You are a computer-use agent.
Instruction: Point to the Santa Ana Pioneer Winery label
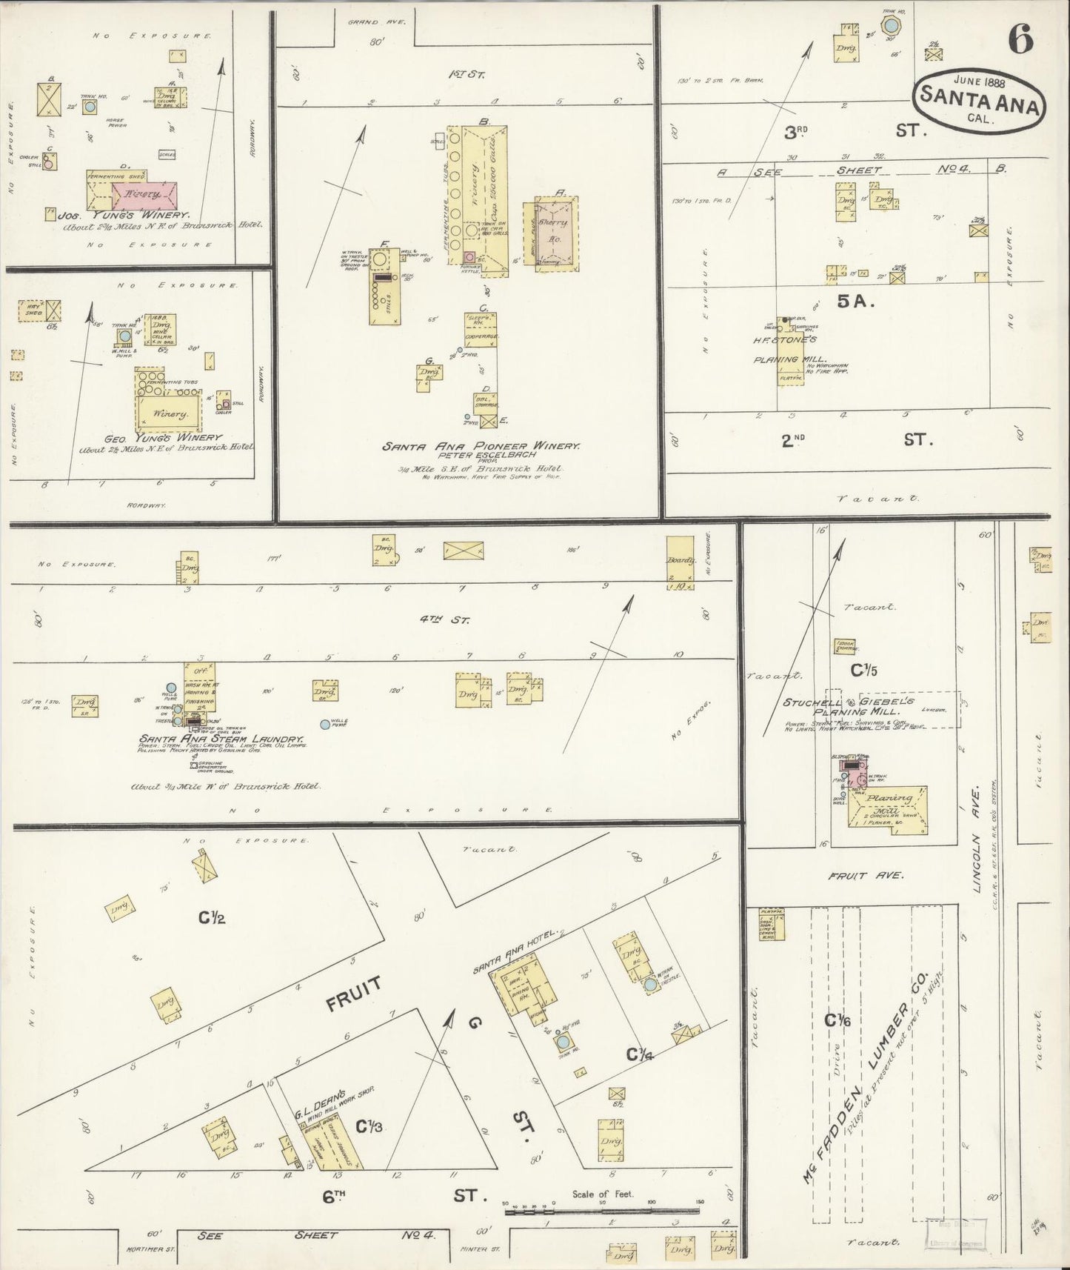coord(481,447)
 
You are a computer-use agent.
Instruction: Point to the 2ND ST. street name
coord(852,439)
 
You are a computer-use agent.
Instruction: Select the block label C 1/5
coord(863,671)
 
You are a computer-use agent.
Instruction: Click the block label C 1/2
coord(212,919)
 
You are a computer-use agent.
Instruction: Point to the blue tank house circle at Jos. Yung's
coord(90,107)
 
